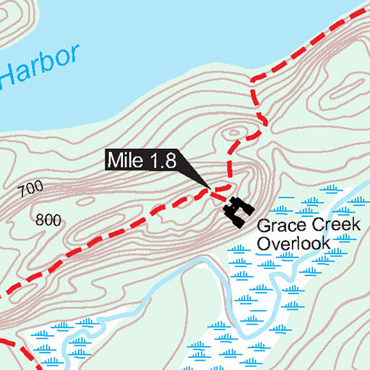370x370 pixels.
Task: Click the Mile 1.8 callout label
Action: tap(142, 160)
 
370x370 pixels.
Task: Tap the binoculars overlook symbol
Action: tap(237, 212)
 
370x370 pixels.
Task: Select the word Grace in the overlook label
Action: tap(278, 226)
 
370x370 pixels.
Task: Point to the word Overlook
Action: tap(293, 244)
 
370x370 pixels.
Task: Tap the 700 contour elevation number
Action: tap(31, 190)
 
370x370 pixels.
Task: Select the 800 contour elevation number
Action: tap(48, 220)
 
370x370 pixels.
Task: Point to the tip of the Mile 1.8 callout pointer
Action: tap(210, 190)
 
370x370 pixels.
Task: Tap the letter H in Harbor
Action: tap(12, 72)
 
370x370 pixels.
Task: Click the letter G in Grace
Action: tap(264, 226)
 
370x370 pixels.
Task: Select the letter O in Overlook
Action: tap(263, 244)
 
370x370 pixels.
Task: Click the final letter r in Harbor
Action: tap(72, 55)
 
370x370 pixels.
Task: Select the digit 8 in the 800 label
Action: tap(39, 220)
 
